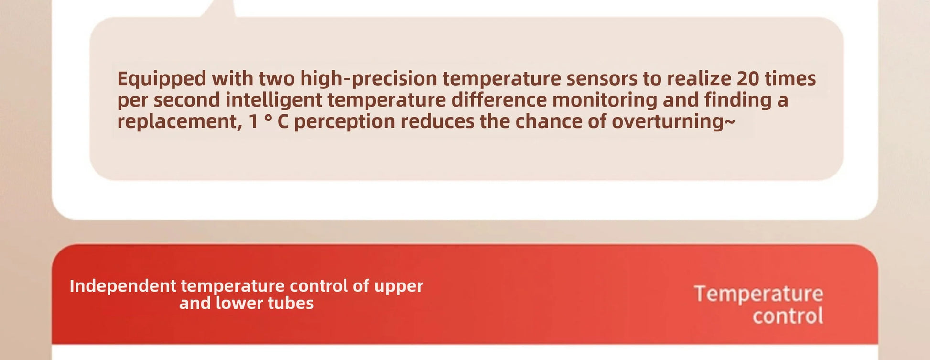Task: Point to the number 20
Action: pyautogui.click(x=748, y=79)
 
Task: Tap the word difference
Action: pyautogui.click(x=499, y=100)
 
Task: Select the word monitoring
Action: pyautogui.click(x=605, y=100)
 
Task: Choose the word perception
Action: pyautogui.click(x=344, y=122)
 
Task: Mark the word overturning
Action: pyautogui.click(x=668, y=122)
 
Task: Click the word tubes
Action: pyautogui.click(x=291, y=303)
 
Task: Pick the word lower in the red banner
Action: pyautogui.click(x=239, y=303)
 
